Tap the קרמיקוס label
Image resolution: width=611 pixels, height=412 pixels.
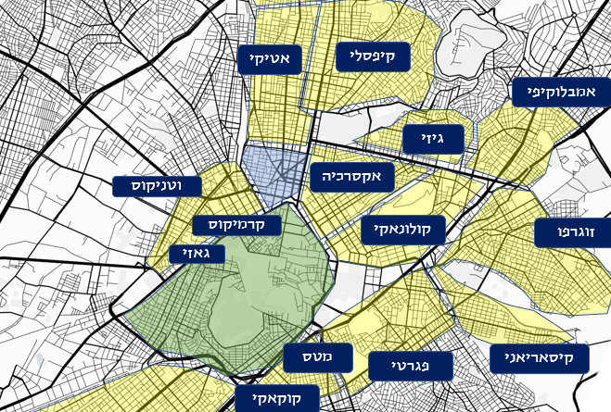[237, 225]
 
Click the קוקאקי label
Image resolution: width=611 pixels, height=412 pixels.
[276, 399]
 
